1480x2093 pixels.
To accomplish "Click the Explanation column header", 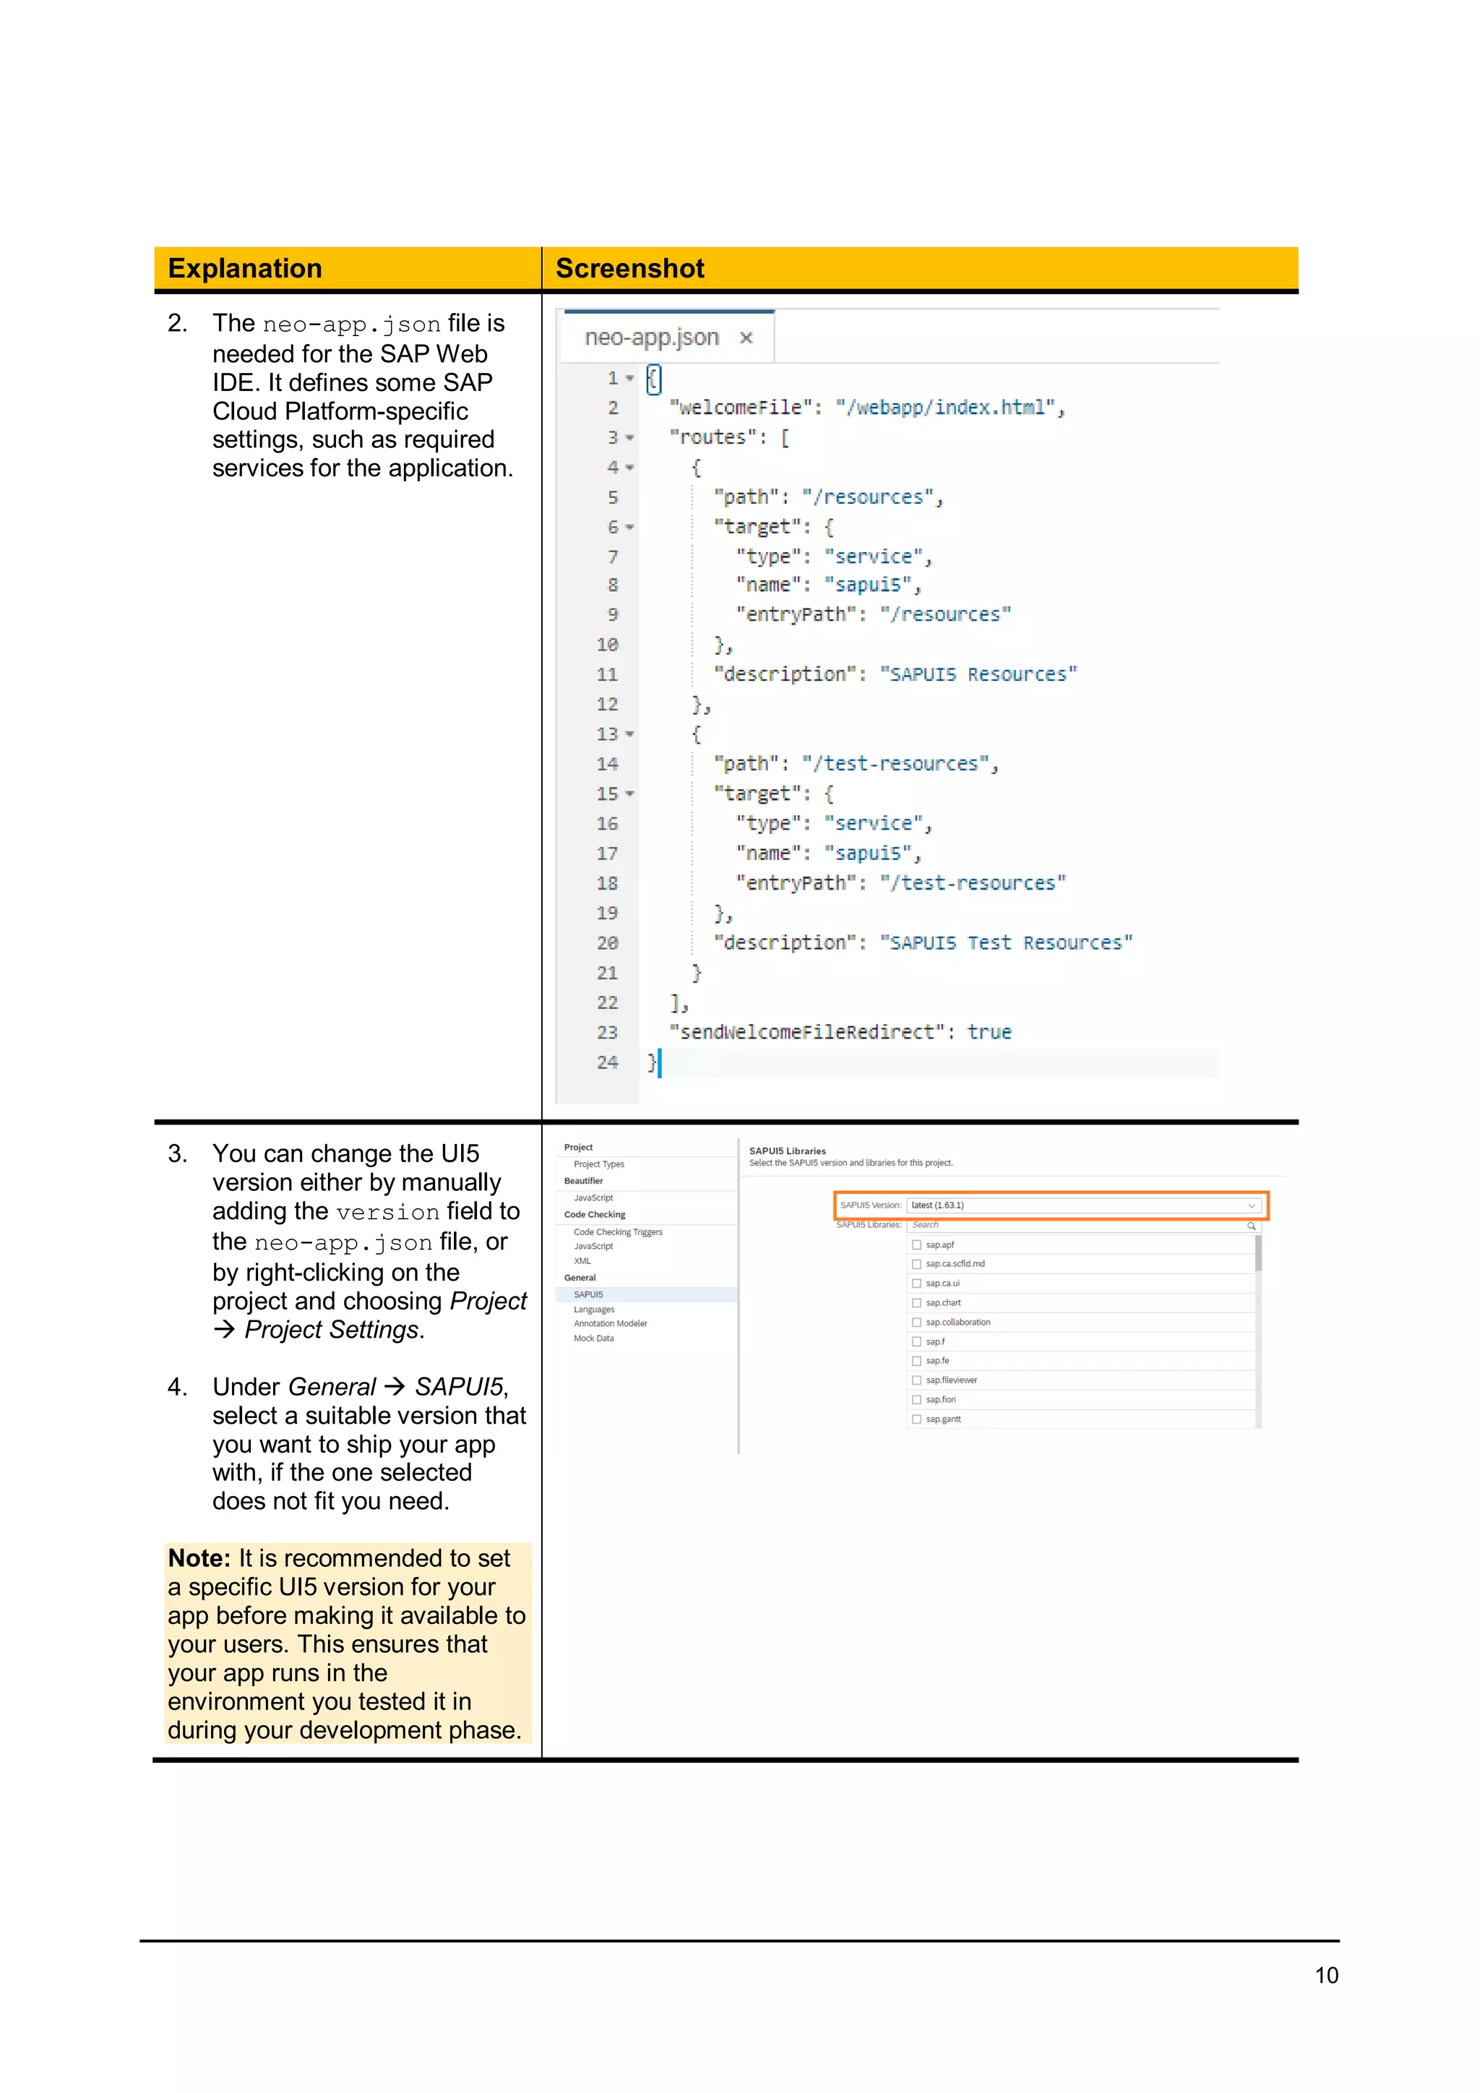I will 244,269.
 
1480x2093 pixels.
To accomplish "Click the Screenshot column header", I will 629,269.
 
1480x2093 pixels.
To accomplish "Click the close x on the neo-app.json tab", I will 747,338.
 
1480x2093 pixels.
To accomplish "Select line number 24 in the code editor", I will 607,1062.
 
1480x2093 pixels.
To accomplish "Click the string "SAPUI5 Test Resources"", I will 1006,942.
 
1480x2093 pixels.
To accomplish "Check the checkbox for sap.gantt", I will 917,1419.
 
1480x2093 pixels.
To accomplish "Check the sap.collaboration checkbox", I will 917,1322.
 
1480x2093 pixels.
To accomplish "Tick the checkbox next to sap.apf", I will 917,1245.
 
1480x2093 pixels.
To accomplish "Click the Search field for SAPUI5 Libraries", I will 1080,1225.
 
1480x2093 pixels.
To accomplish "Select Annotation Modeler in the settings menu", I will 611,1323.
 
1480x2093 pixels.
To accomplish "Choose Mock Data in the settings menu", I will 594,1338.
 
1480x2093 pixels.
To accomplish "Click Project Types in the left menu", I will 599,1164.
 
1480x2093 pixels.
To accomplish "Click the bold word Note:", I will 199,1559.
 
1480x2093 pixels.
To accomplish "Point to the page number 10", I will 1326,1975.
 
